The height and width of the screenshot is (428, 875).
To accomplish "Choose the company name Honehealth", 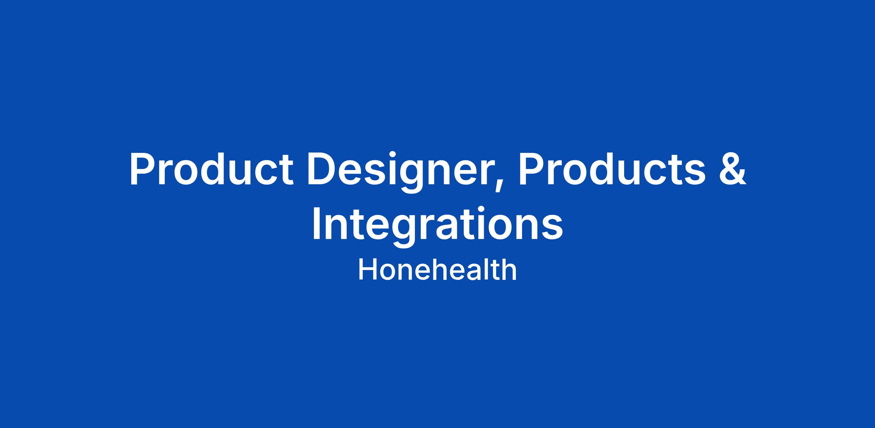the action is (x=437, y=270).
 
